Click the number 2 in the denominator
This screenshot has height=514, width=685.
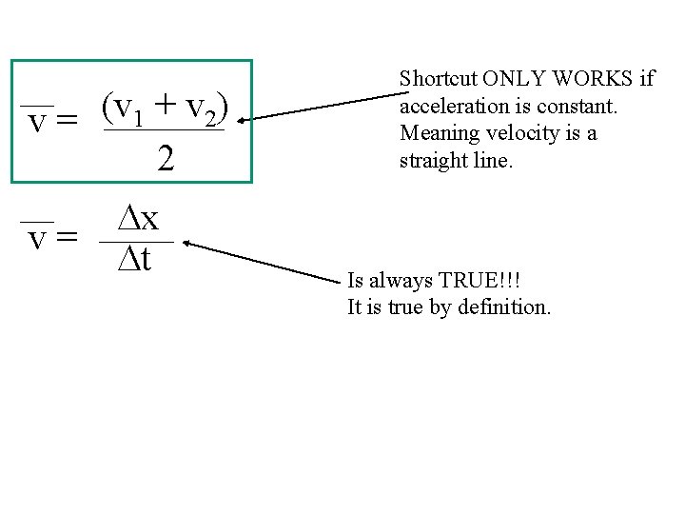166,158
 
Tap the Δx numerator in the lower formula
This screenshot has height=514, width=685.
138,220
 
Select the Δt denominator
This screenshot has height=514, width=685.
135,258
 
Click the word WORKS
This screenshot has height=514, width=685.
595,78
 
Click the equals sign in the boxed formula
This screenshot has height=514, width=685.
67,124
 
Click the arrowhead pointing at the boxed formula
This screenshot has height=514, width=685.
242,120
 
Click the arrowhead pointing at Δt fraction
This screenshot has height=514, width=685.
186,244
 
